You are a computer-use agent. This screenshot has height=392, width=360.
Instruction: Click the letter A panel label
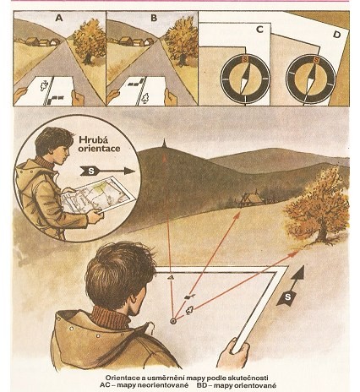59,19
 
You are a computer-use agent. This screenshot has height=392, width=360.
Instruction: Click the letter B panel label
154,19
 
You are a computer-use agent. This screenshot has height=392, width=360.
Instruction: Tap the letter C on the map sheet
259,30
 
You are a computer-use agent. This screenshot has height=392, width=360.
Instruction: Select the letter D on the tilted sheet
336,35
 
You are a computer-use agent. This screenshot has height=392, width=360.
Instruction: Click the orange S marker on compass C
245,60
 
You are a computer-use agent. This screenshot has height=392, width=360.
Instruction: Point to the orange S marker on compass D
317,60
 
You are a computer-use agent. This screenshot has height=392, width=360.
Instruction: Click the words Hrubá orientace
99,144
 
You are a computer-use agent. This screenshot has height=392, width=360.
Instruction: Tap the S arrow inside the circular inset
107,171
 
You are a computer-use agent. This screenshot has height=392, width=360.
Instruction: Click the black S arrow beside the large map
292,286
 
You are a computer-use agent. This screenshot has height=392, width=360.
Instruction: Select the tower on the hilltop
164,145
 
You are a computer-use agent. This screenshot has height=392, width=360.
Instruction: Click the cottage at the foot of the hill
251,198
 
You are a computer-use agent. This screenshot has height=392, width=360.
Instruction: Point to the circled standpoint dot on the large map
173,321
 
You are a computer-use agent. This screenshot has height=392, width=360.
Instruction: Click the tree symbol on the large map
189,310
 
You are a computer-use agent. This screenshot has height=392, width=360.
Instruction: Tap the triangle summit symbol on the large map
170,278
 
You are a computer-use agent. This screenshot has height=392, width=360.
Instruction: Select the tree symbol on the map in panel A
44,85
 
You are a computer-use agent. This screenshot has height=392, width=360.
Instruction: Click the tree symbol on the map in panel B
145,98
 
